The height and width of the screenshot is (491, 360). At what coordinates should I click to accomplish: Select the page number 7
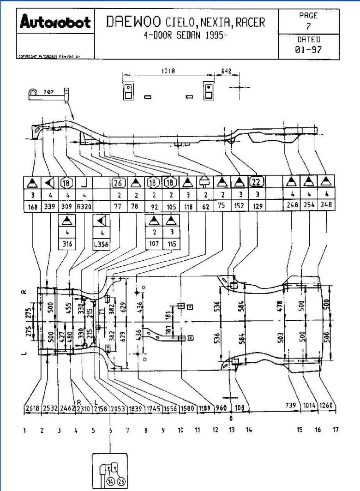point(308,26)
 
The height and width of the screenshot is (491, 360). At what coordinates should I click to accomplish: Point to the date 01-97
point(308,49)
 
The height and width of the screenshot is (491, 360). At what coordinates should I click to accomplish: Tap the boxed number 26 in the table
point(118,182)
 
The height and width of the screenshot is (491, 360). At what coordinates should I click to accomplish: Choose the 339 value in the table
point(49,207)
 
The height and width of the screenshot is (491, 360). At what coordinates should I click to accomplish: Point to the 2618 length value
point(32,408)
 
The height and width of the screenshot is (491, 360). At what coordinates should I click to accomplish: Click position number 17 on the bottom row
point(336,430)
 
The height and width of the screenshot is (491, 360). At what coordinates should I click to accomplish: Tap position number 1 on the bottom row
point(24,430)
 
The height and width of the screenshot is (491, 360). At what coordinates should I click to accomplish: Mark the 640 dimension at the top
point(226,72)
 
